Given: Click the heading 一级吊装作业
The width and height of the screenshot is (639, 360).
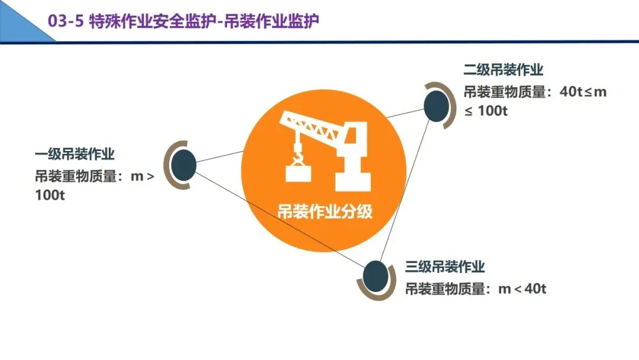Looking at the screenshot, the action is pyautogui.click(x=75, y=155).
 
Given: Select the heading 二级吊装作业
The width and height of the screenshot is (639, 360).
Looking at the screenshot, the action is pyautogui.click(x=503, y=70).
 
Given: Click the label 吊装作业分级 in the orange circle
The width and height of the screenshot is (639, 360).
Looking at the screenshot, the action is pyautogui.click(x=325, y=211).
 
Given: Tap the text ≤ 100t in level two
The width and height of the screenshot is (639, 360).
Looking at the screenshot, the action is pyautogui.click(x=486, y=111).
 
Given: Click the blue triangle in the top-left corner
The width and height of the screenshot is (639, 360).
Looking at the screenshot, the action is pyautogui.click(x=18, y=18).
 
